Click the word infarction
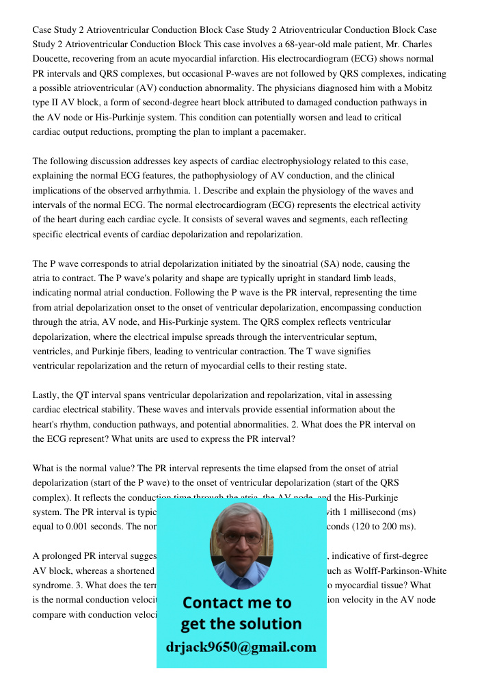click(x=292, y=59)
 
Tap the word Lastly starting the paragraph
click(x=47, y=395)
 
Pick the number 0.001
click(x=77, y=526)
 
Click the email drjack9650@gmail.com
click(x=241, y=647)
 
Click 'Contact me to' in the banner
click(x=237, y=603)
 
